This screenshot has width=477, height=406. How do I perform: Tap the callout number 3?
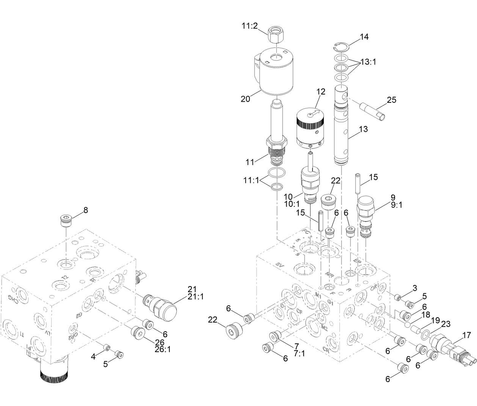pos(415,288)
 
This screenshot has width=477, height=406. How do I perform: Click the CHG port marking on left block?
pos(14,300)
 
